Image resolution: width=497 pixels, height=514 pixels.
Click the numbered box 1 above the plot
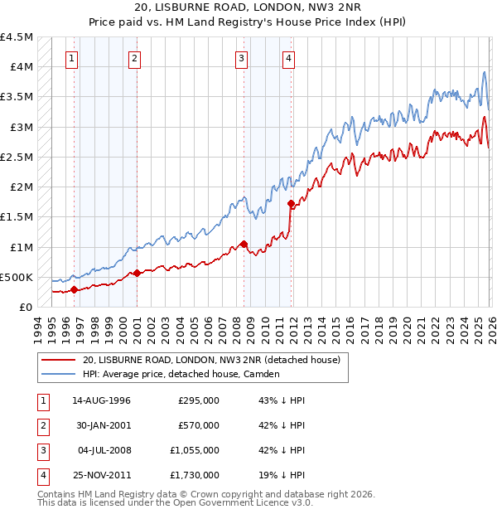click(74, 58)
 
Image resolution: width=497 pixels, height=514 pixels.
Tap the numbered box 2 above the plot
click(134, 58)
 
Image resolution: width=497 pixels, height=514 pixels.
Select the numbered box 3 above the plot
click(241, 58)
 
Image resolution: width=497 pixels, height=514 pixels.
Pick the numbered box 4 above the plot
click(288, 58)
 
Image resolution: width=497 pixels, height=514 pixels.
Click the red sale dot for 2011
click(291, 203)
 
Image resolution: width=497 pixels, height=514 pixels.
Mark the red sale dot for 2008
click(244, 244)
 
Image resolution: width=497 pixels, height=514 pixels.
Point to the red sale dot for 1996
click(74, 289)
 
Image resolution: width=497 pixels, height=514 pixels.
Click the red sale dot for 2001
click(137, 273)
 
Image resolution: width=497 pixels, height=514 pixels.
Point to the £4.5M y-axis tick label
click(17, 37)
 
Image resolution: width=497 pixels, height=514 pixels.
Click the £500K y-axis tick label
click(17, 277)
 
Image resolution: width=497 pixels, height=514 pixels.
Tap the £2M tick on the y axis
click(22, 187)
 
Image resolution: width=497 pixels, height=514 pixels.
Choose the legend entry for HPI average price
click(181, 374)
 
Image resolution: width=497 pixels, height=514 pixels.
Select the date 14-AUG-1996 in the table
click(101, 400)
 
